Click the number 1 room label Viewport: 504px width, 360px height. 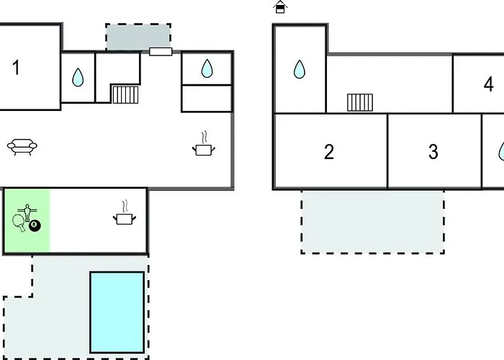click(x=16, y=68)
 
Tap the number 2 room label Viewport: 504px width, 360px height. click(x=329, y=153)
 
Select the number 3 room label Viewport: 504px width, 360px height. click(x=433, y=153)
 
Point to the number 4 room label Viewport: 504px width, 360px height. click(x=489, y=84)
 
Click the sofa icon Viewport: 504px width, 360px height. click(x=22, y=147)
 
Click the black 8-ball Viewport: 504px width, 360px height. click(x=35, y=226)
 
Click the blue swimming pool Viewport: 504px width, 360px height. click(x=117, y=312)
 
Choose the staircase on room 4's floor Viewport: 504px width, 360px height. click(x=360, y=102)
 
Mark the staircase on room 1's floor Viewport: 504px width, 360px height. click(x=125, y=94)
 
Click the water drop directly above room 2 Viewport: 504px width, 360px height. click(x=300, y=70)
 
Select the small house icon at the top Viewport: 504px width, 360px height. click(x=281, y=7)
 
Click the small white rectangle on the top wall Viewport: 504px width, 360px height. click(x=160, y=51)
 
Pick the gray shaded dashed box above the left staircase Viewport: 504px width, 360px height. click(x=138, y=37)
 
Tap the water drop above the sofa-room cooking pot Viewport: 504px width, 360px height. click(x=207, y=68)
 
